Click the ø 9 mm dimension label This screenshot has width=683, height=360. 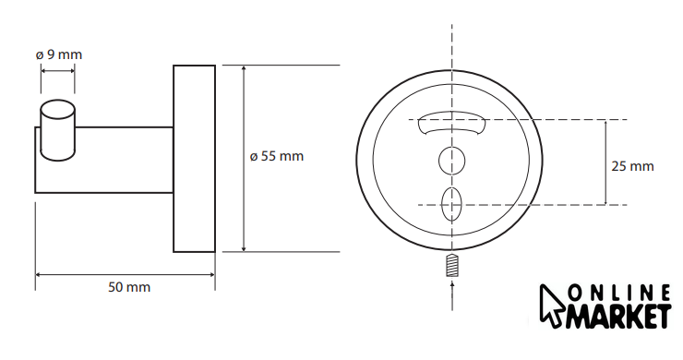(x=59, y=54)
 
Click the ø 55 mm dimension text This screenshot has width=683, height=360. (x=277, y=156)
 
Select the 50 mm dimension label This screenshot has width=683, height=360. (x=129, y=287)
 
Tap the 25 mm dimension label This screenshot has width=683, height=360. (x=632, y=166)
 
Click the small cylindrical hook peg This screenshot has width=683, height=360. (x=57, y=130)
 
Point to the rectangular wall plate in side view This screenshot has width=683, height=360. (x=194, y=159)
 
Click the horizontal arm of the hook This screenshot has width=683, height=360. (x=103, y=160)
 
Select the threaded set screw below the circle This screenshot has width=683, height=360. (x=452, y=265)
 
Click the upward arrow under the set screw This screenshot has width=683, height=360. (x=452, y=295)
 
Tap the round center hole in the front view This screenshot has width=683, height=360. (x=451, y=161)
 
